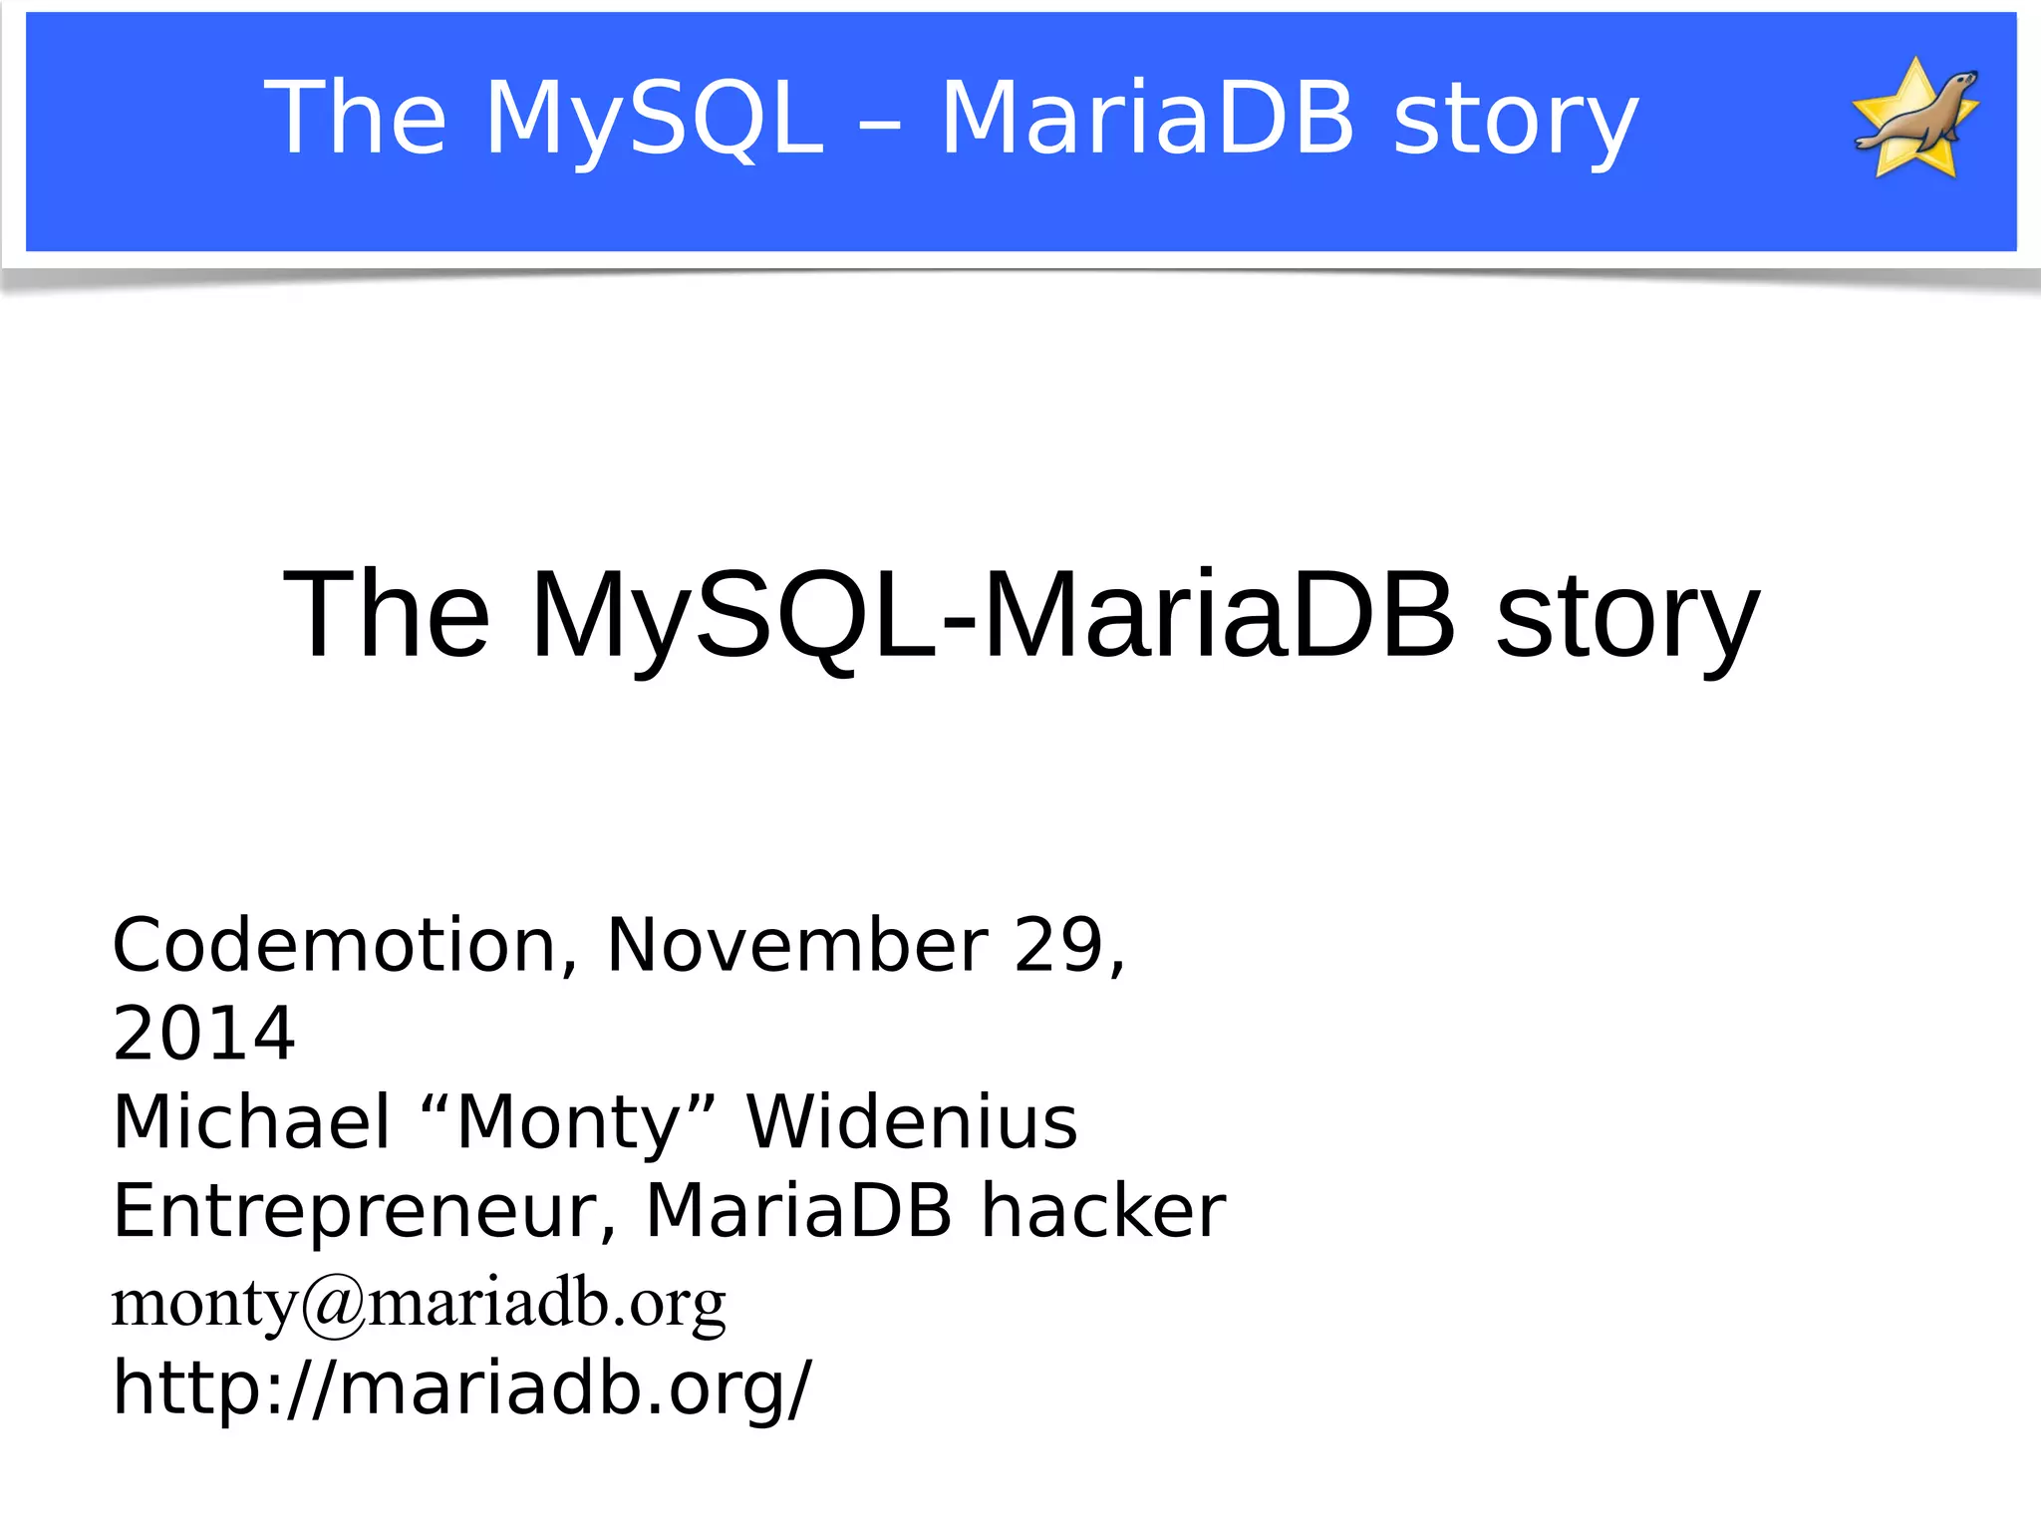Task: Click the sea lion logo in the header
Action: click(x=1915, y=120)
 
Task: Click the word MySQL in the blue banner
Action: click(x=655, y=120)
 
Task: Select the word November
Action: click(x=797, y=945)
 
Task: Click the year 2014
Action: click(x=204, y=1034)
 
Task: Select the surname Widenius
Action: click(x=912, y=1122)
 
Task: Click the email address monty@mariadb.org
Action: click(x=419, y=1302)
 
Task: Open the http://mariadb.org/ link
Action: click(x=462, y=1387)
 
